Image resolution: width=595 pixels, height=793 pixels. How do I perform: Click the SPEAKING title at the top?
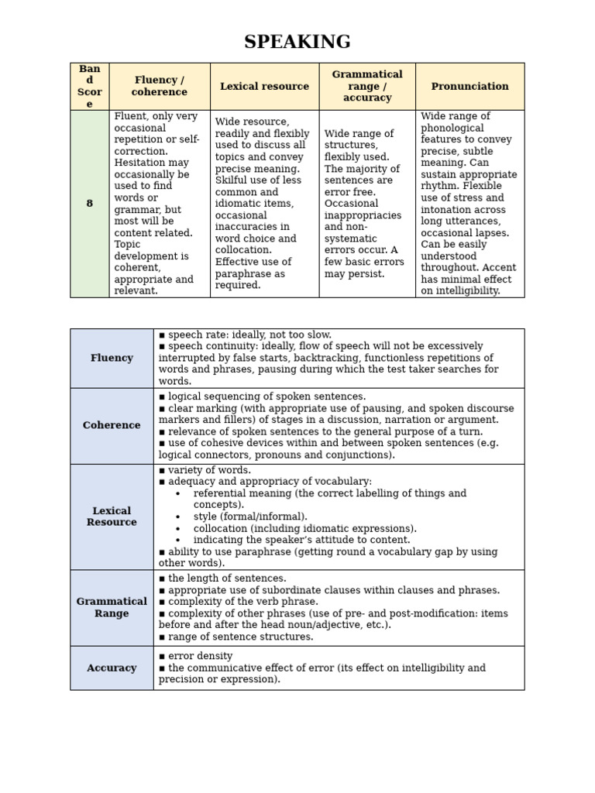[297, 42]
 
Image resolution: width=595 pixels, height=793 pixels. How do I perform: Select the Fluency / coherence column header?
[160, 86]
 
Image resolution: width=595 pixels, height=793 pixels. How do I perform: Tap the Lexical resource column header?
[264, 86]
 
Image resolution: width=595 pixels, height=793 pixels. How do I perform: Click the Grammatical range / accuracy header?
[367, 86]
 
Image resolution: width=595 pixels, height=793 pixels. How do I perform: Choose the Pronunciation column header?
[469, 86]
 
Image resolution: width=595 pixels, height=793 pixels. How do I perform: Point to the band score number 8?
[89, 204]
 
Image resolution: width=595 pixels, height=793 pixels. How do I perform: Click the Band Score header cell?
[89, 86]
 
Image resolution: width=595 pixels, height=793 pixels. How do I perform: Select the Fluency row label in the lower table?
[112, 358]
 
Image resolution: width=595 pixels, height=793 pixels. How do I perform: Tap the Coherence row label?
[112, 425]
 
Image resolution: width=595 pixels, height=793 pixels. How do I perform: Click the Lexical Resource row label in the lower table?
[112, 517]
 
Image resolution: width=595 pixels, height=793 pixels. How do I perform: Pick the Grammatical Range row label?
[112, 607]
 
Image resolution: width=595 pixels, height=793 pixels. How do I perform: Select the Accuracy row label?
[112, 668]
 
